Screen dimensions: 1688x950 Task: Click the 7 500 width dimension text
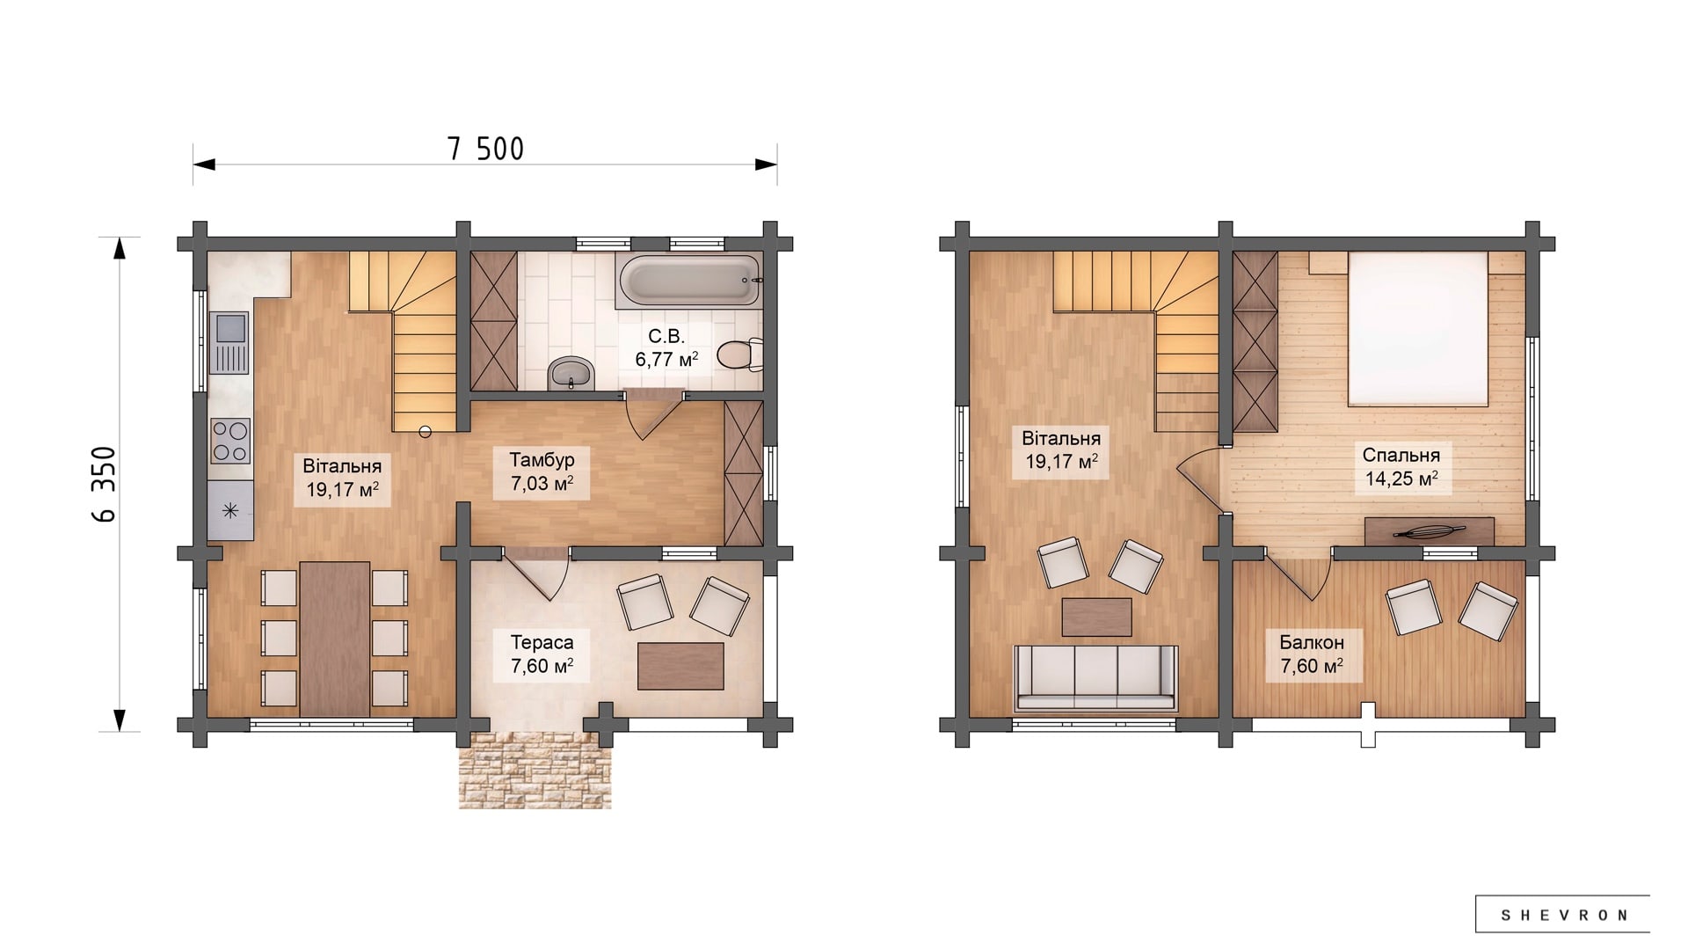tap(485, 149)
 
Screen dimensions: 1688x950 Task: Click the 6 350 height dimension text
tap(104, 484)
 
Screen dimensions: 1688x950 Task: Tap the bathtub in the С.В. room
tap(689, 281)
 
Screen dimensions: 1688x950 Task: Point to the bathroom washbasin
tap(571, 374)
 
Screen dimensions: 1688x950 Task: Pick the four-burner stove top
tap(230, 441)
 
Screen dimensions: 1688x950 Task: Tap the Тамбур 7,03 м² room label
tap(542, 472)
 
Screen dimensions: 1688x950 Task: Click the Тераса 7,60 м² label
tap(542, 654)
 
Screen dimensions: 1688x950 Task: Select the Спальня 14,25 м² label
tap(1401, 467)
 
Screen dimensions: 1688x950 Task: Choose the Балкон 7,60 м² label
tap(1312, 654)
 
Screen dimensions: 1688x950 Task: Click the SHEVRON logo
tap(1563, 915)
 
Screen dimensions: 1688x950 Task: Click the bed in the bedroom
tap(1417, 329)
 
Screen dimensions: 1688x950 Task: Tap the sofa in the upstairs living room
tap(1095, 677)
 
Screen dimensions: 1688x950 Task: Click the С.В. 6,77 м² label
tap(666, 347)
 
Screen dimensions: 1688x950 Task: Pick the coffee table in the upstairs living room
tap(1096, 617)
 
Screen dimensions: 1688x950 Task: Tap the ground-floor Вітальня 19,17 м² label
tap(342, 478)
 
